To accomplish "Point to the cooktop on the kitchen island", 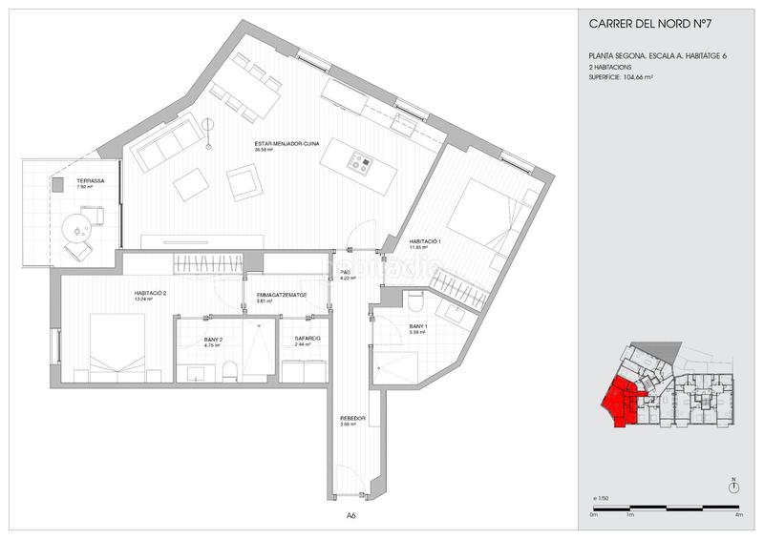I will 360,163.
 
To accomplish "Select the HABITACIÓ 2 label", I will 151,294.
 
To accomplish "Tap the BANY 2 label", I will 214,340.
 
